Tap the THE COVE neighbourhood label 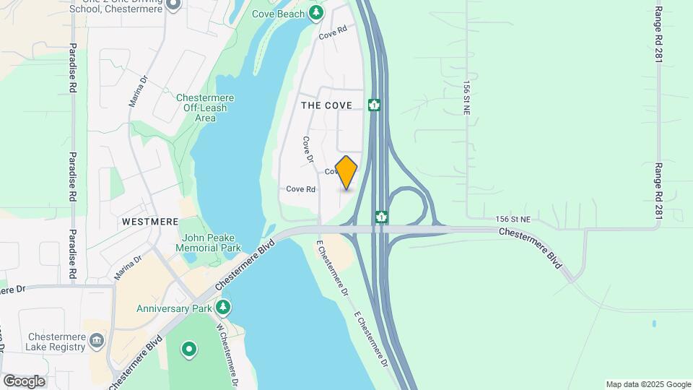pyautogui.click(x=326, y=105)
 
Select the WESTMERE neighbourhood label pyautogui.click(x=149, y=221)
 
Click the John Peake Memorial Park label pyautogui.click(x=212, y=242)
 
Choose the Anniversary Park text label pyautogui.click(x=175, y=308)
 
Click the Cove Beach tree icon pyautogui.click(x=315, y=13)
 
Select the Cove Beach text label pyautogui.click(x=279, y=13)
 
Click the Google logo pyautogui.click(x=24, y=381)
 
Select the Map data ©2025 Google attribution pyautogui.click(x=648, y=384)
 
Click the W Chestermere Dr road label pyautogui.click(x=230, y=355)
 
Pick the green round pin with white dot pyautogui.click(x=189, y=350)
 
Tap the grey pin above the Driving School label pyautogui.click(x=173, y=4)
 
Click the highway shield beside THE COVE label pyautogui.click(x=374, y=105)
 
